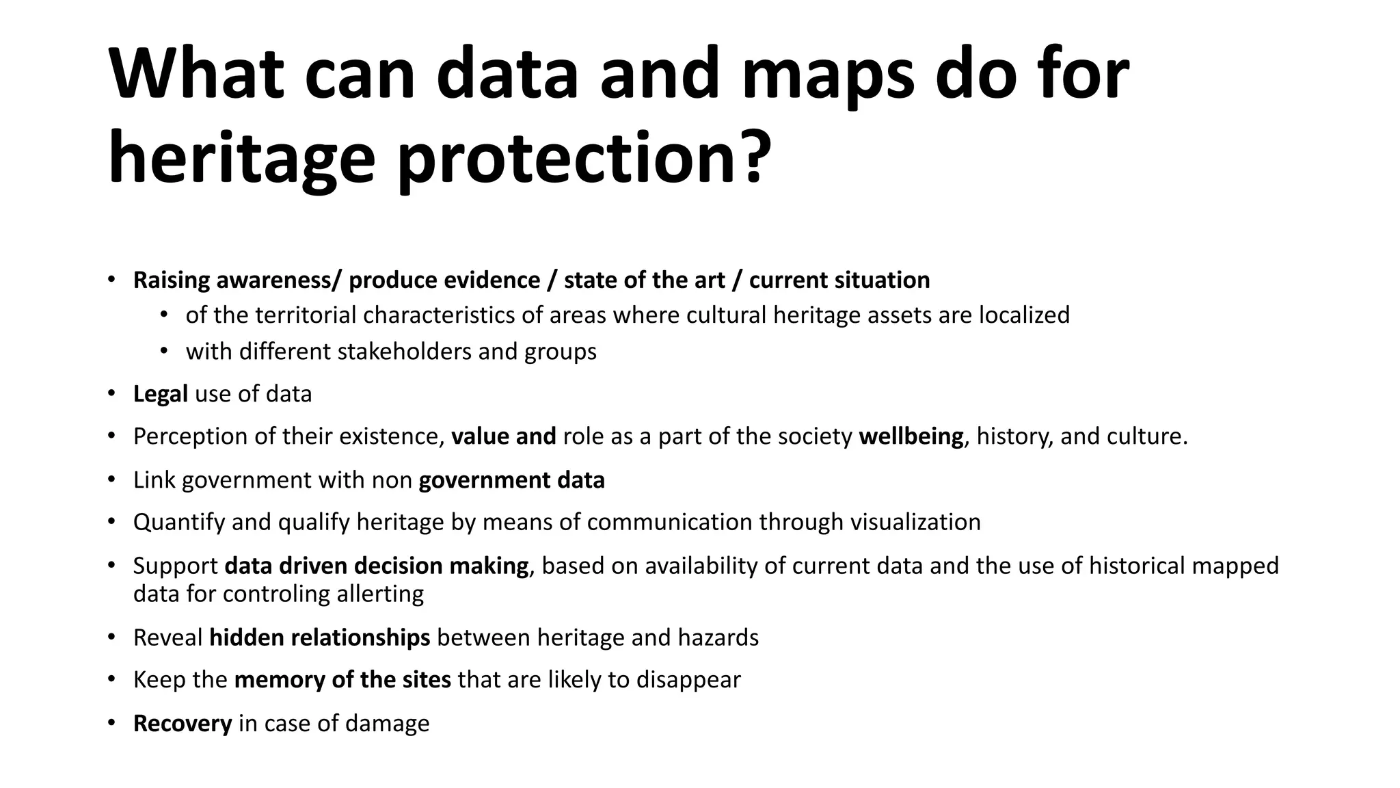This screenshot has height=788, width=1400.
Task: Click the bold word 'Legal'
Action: coord(160,394)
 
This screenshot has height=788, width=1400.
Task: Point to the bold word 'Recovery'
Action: coord(183,724)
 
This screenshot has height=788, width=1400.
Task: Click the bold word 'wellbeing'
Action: coord(911,436)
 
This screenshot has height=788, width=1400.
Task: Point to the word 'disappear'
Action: coord(688,680)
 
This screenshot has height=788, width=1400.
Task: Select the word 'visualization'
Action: coord(915,522)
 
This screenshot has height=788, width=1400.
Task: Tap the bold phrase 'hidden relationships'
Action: coord(319,638)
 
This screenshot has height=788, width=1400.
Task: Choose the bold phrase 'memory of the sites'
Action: coord(342,680)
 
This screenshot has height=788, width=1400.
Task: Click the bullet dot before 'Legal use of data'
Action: coord(111,394)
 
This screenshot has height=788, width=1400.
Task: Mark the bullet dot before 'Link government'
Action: coord(111,480)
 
